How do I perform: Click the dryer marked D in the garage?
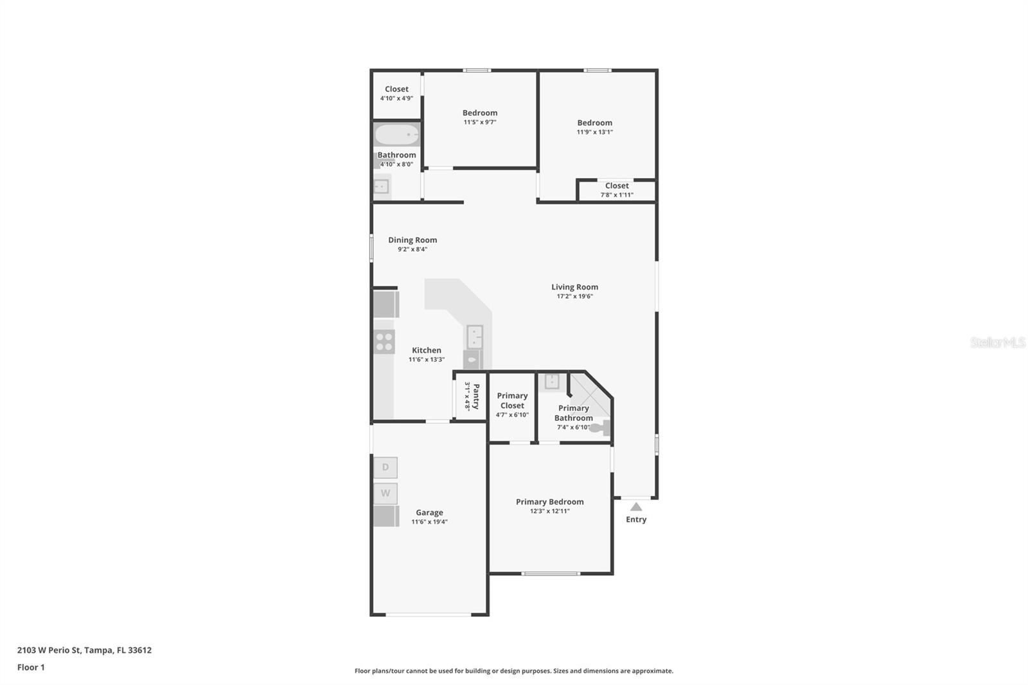(385, 467)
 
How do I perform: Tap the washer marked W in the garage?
(385, 494)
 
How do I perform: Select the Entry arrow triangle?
(636, 507)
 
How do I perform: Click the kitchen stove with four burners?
(384, 342)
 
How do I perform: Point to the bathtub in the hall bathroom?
(396, 135)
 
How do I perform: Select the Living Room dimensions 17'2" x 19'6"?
(574, 296)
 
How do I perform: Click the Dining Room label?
(412, 240)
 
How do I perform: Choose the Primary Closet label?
(512, 400)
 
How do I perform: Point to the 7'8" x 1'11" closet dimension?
(617, 195)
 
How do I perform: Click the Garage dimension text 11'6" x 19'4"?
(429, 522)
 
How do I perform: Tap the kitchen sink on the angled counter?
(475, 336)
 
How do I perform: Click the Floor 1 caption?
(31, 667)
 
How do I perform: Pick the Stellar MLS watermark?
(997, 342)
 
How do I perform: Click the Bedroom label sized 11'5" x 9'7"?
(480, 112)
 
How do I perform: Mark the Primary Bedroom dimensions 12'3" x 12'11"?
(549, 511)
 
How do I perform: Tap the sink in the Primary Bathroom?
(552, 382)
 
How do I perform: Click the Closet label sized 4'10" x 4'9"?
(396, 89)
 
